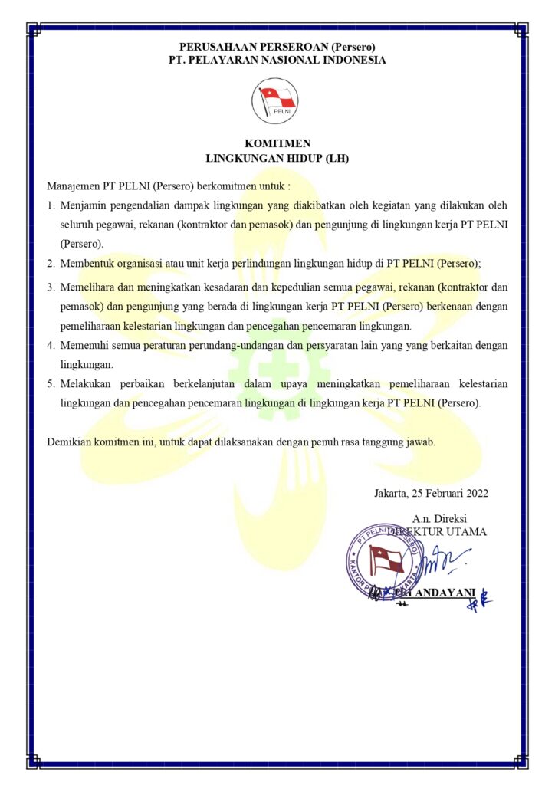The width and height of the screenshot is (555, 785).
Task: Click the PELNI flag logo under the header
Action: pos(277,102)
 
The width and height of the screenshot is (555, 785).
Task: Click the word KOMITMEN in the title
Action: pos(277,143)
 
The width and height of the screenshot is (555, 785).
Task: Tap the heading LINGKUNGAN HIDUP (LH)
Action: pos(277,159)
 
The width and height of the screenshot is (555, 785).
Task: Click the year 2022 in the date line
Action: pos(475,493)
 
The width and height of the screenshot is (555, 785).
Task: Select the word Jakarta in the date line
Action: pos(392,493)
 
